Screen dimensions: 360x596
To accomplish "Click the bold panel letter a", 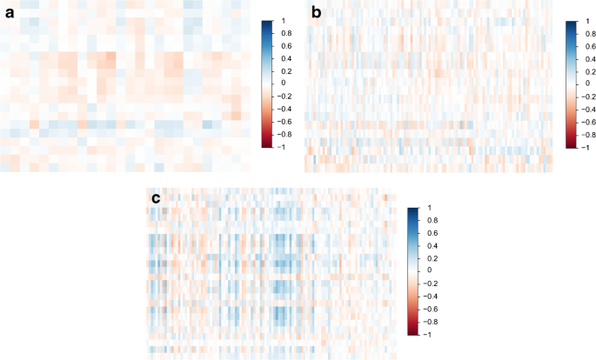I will tap(10, 11).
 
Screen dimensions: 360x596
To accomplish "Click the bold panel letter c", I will tap(156, 198).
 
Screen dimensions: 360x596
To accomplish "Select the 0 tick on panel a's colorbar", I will tap(279, 83).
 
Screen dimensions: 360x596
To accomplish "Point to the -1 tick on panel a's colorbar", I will tap(278, 148).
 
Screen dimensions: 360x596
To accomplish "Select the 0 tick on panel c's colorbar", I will tap(426, 270).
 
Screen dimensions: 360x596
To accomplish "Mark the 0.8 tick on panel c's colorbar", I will tap(429, 220).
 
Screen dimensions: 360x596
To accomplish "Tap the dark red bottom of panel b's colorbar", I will tap(570, 146).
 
